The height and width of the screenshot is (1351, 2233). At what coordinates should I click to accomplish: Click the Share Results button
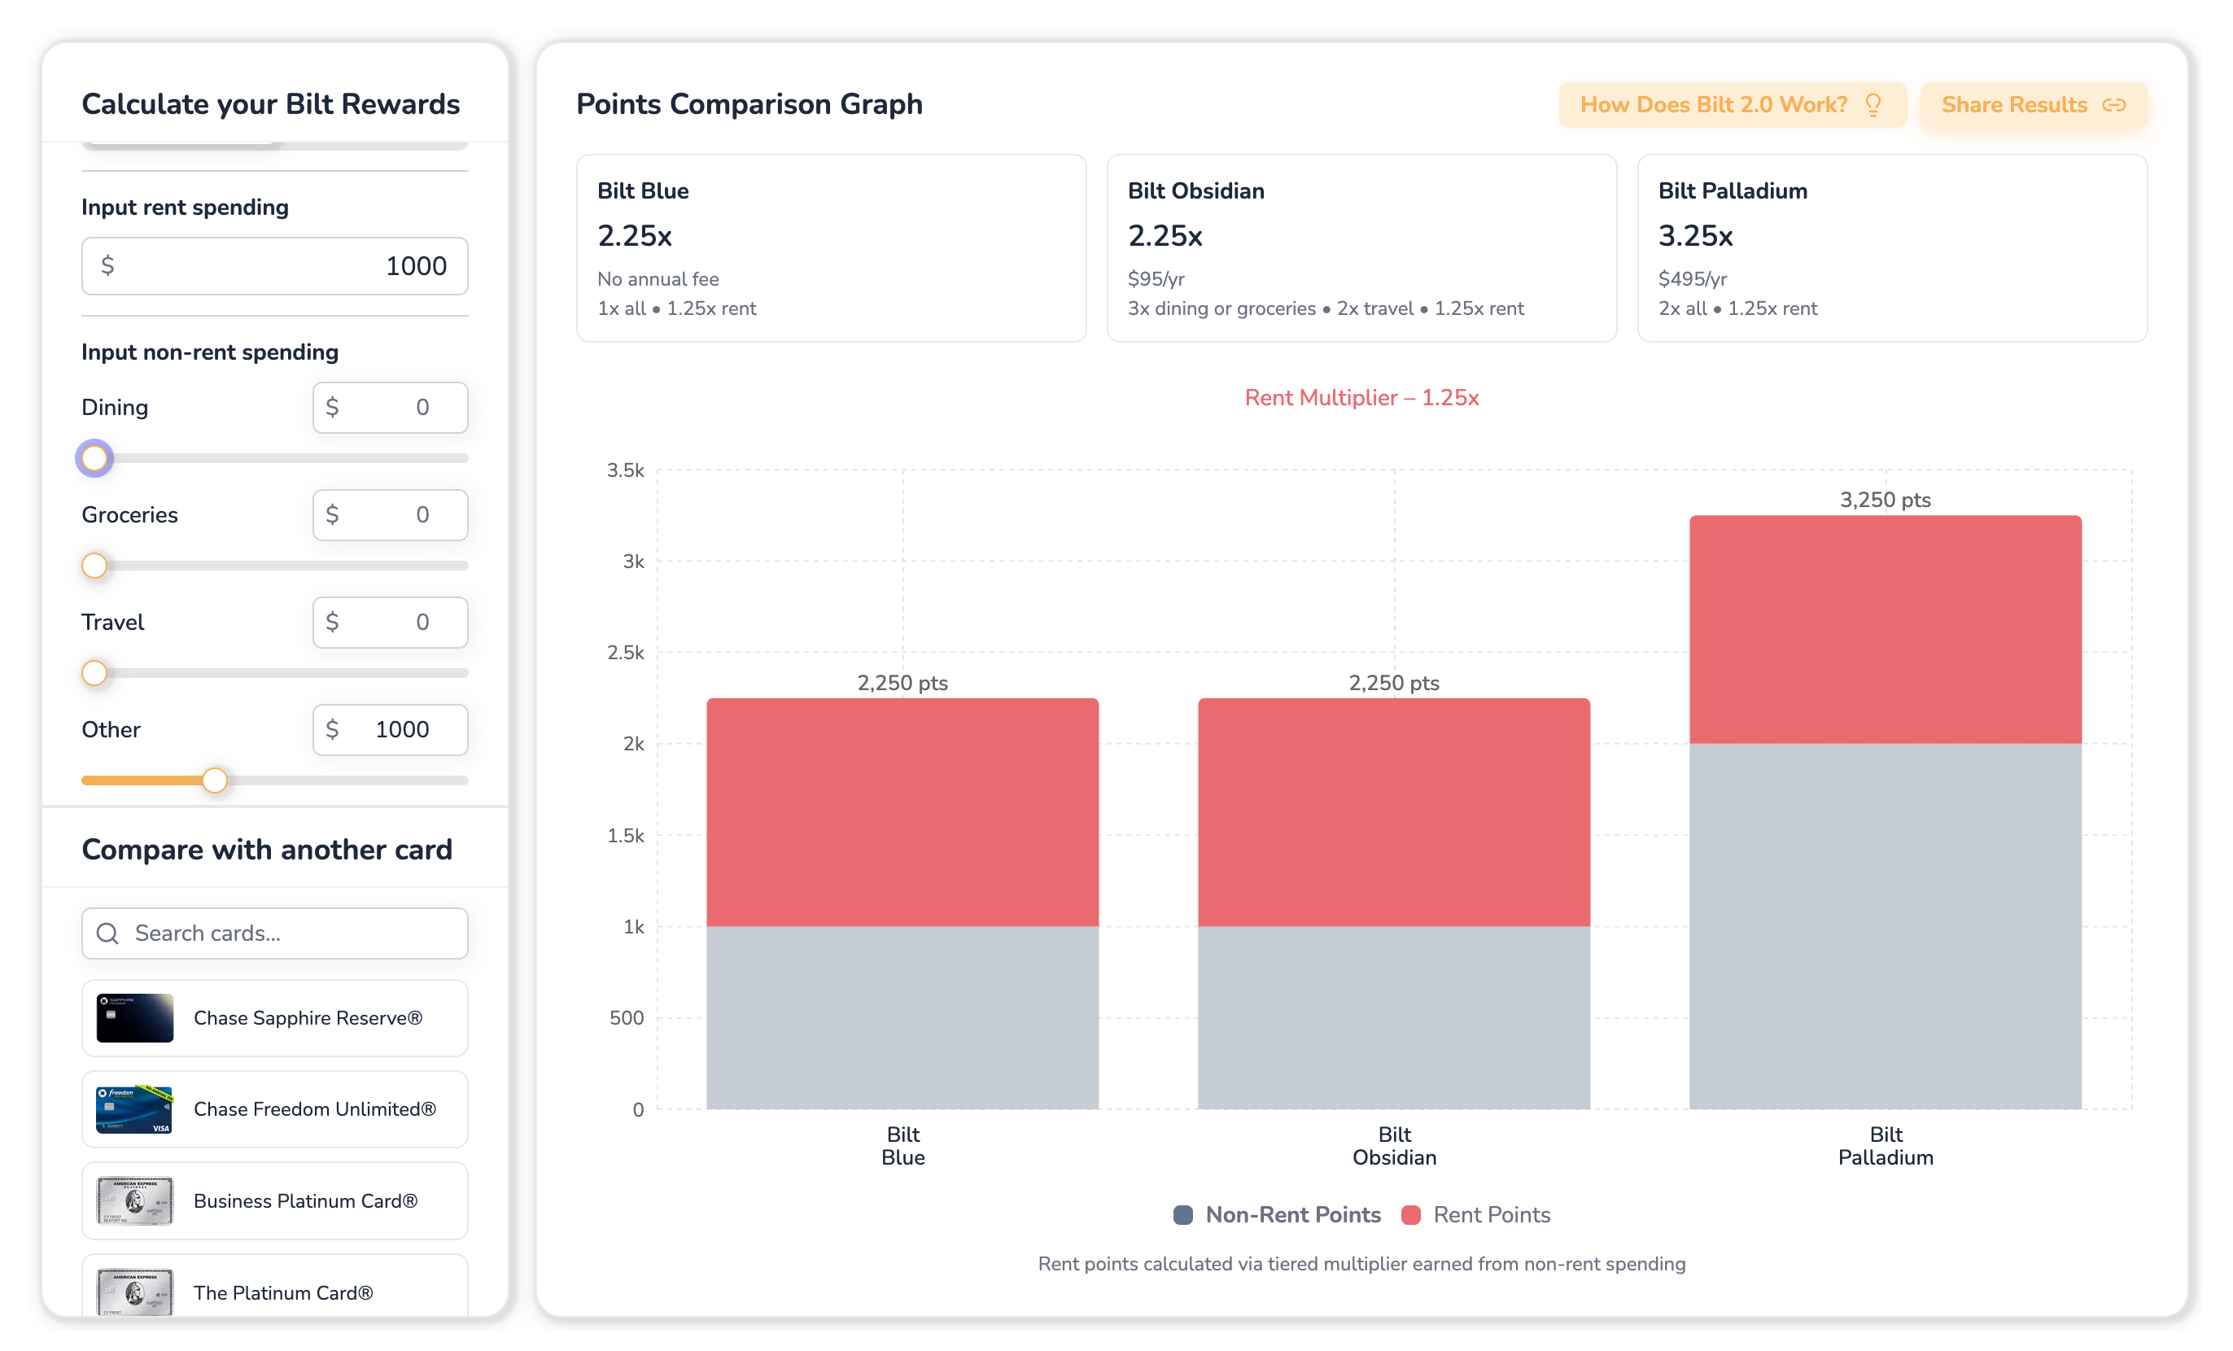2033,105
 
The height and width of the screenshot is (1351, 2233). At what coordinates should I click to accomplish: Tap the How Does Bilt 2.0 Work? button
1732,105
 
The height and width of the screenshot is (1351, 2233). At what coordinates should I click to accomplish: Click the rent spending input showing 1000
274,265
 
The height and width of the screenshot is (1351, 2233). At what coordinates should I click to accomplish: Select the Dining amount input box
390,407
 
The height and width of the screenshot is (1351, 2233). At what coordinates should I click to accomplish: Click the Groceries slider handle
94,566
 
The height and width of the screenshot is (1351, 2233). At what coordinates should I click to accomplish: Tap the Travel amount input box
390,622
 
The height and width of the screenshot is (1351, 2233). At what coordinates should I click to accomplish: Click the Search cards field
274,933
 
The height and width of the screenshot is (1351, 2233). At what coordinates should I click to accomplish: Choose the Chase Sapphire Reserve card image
135,1017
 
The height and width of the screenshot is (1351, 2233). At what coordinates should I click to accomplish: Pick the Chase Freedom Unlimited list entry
274,1109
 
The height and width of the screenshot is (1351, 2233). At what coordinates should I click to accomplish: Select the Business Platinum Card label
305,1200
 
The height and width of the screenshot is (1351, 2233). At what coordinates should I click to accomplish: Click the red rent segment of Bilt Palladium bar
1885,630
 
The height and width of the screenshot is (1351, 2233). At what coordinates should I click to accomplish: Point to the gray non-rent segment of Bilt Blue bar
902,1017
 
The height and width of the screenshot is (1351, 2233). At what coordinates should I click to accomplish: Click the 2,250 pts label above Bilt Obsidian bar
1394,682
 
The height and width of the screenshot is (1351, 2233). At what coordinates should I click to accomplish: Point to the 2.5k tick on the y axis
625,653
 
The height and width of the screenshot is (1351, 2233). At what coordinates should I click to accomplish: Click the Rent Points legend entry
1475,1215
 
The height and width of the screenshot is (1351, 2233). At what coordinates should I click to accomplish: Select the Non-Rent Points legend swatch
1182,1215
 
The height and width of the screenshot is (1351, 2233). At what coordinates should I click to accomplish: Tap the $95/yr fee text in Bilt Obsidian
1156,279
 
